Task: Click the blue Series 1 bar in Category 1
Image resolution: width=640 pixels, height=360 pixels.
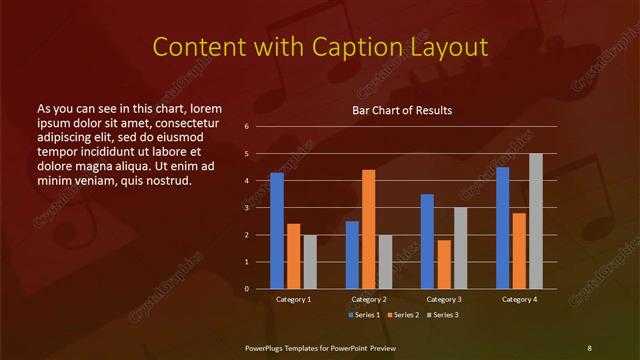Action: [277, 231]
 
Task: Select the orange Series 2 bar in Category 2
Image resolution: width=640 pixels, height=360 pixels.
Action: [368, 229]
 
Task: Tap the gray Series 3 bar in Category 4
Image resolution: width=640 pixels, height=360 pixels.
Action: [536, 221]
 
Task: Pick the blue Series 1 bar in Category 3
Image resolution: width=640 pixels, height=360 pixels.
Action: [427, 241]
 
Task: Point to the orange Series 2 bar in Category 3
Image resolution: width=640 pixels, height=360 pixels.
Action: [443, 264]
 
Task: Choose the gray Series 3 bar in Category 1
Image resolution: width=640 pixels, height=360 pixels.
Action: [310, 261]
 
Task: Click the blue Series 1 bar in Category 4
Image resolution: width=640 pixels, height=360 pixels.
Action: [502, 228]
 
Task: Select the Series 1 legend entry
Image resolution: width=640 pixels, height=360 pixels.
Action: [366, 315]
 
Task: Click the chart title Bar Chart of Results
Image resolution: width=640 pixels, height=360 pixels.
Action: [401, 110]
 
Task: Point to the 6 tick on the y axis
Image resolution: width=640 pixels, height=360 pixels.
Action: [247, 127]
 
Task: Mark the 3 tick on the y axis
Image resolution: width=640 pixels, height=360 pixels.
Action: [247, 208]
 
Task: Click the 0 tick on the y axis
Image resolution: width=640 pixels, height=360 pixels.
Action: [247, 289]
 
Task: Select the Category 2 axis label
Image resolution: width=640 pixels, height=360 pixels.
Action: [369, 299]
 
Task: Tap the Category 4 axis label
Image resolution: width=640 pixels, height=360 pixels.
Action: [519, 299]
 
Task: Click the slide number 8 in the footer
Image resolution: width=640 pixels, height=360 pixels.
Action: [589, 347]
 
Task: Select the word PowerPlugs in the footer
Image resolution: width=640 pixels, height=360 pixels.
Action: [268, 347]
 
